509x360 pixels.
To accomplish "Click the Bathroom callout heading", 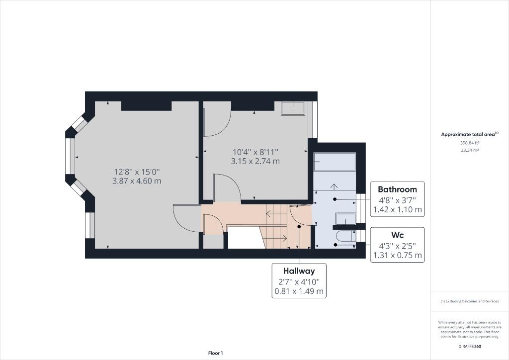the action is click(x=397, y=189).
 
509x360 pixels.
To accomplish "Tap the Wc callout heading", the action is click(x=397, y=235).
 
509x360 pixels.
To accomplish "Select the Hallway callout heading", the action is click(x=299, y=271).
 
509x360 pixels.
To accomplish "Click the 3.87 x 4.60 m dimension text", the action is click(x=137, y=181).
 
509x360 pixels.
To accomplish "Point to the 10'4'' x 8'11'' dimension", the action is click(x=255, y=152).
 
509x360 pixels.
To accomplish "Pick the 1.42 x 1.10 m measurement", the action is click(x=397, y=210).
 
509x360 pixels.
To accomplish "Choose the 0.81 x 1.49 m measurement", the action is click(x=299, y=291).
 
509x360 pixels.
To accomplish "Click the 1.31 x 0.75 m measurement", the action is click(x=397, y=256).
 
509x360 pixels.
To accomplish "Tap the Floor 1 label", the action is click(x=216, y=353).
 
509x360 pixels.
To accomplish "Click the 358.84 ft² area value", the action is click(x=470, y=143).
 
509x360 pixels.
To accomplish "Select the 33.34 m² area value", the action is click(x=470, y=150).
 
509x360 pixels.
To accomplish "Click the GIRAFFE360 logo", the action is click(x=470, y=347).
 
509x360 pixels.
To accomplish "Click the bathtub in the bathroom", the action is click(x=335, y=162).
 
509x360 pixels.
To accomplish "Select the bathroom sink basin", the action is click(x=345, y=219).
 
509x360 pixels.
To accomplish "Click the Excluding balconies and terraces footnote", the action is click(x=470, y=301).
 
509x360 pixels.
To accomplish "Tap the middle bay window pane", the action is click(x=71, y=157).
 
